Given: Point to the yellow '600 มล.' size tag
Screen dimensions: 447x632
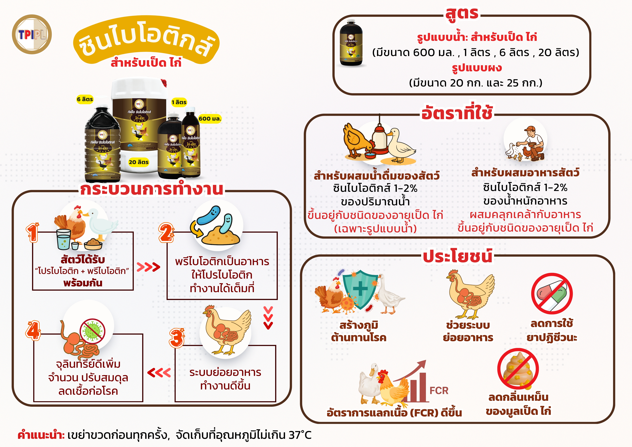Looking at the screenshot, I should (x=210, y=119).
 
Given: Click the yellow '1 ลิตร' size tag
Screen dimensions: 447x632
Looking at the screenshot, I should (x=179, y=102).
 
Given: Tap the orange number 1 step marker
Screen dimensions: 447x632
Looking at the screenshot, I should (x=33, y=233).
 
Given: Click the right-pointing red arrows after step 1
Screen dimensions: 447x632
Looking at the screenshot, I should (x=148, y=267).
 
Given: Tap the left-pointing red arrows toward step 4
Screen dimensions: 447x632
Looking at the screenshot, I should (x=159, y=373).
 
